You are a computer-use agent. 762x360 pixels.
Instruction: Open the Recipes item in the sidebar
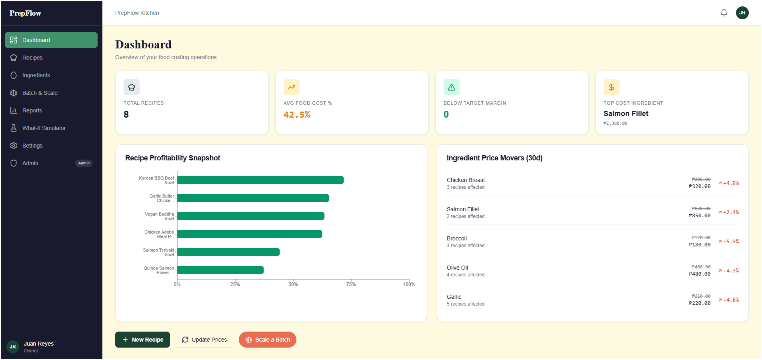[x=32, y=58]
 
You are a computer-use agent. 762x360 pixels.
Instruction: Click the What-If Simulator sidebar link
[x=44, y=128]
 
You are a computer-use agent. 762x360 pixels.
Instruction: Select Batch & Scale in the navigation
[x=40, y=93]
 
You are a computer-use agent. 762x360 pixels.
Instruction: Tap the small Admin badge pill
[x=84, y=163]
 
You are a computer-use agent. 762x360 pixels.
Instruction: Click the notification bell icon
[x=724, y=13]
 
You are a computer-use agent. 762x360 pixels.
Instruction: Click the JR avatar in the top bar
[x=742, y=13]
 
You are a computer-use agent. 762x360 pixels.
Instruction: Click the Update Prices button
[x=204, y=340]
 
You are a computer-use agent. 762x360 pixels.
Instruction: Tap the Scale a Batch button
[x=268, y=340]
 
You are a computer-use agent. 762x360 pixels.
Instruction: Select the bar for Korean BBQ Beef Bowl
[x=260, y=180]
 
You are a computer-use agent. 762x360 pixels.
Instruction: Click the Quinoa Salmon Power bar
[x=220, y=270]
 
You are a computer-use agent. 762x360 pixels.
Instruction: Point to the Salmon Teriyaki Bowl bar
[x=228, y=252]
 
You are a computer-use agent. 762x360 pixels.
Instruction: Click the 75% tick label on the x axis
[x=351, y=284]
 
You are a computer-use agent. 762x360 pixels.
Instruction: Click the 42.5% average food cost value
[x=297, y=115]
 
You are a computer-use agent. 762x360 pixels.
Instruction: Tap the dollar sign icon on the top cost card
[x=611, y=87]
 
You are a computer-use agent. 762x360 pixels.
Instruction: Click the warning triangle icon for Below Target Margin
[x=451, y=87]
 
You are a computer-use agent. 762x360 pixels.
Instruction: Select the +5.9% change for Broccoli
[x=729, y=242]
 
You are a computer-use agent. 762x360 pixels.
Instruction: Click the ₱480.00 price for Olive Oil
[x=700, y=274]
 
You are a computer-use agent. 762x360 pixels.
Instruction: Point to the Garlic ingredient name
[x=454, y=297]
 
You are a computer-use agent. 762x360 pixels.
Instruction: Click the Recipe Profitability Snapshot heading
[x=172, y=158]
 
